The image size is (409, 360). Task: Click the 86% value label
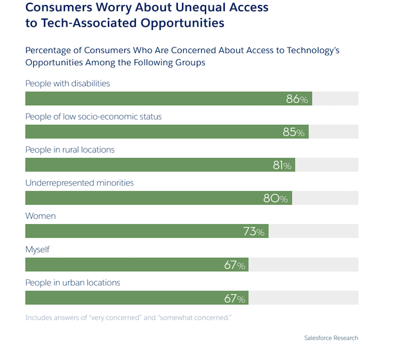coord(297,99)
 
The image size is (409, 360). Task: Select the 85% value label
coord(293,133)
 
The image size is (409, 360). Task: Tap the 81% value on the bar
coord(282,165)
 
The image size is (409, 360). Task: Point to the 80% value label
coord(275,199)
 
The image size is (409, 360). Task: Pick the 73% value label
coord(254,232)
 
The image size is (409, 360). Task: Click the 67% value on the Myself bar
coord(234,265)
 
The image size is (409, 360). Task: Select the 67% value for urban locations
coord(234,298)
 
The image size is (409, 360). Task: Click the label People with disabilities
coord(68,83)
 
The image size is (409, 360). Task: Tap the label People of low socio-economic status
coord(93,117)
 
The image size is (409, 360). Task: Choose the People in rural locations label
coord(70,149)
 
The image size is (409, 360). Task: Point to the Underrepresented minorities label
coord(80,183)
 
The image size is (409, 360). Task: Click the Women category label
coord(40,216)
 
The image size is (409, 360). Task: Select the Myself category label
coord(38,249)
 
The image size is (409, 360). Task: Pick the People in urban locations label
coord(73,283)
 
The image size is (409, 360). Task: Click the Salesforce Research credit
coord(331,338)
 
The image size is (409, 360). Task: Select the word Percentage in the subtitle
coord(50,50)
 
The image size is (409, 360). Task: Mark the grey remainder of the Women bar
coord(313,231)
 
